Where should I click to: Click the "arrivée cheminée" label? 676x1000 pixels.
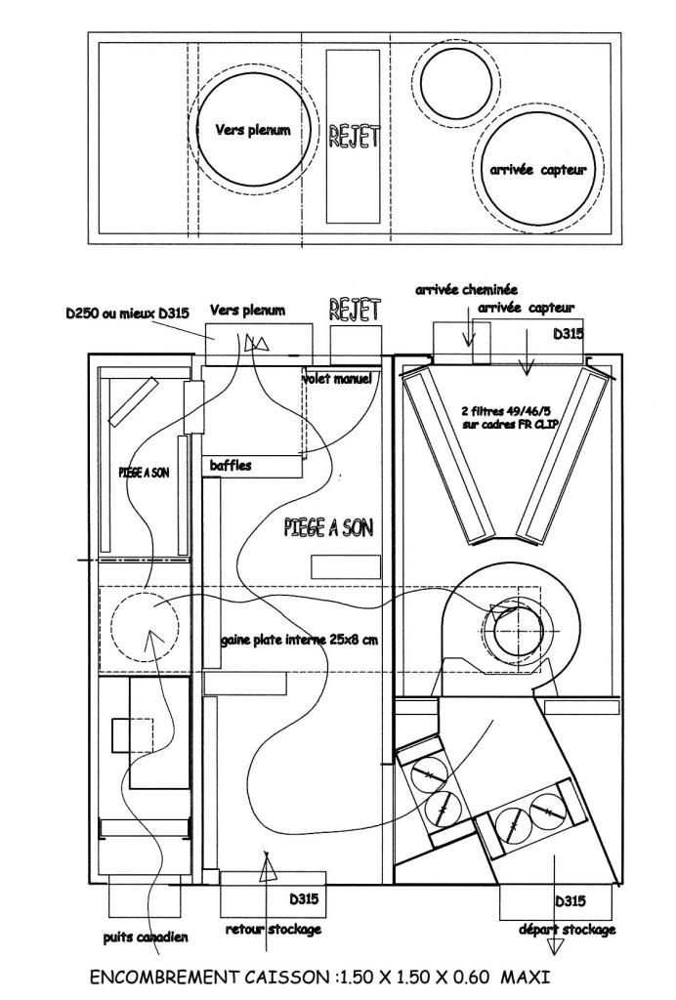coord(466,290)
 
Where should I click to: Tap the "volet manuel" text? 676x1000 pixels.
coord(337,378)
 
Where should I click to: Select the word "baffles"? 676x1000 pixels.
coord(231,466)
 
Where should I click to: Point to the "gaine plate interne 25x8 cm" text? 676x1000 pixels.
coord(299,639)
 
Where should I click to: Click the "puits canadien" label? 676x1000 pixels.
coord(146,937)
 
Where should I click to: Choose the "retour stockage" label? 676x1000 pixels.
coord(273,929)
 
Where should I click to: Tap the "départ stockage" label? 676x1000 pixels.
coord(567,930)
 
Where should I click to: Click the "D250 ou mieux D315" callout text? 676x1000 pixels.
coord(127,313)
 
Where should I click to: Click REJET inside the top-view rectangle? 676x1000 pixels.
coord(354,136)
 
